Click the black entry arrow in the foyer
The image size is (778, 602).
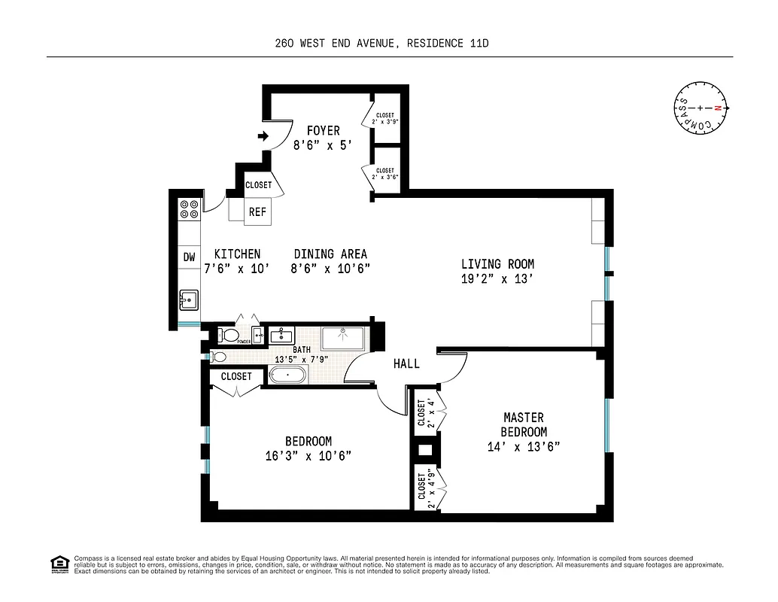[263, 136]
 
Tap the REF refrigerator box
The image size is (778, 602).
[257, 212]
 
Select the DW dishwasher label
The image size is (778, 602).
[189, 257]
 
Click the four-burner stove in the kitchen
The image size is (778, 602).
[189, 208]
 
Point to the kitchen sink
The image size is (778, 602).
[189, 301]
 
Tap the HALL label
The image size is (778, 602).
[406, 363]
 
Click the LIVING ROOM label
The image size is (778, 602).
[497, 264]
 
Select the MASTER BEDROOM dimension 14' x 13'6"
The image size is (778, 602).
[524, 446]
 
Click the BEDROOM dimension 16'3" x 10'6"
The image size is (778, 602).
[308, 455]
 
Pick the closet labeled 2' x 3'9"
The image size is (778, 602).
[385, 118]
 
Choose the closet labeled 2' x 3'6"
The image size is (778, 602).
[385, 174]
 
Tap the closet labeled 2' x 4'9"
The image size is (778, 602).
[427, 487]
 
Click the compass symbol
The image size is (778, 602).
[700, 108]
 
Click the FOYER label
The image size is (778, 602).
[323, 131]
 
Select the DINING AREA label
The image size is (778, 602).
[330, 254]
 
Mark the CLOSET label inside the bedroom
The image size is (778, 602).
[236, 376]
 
